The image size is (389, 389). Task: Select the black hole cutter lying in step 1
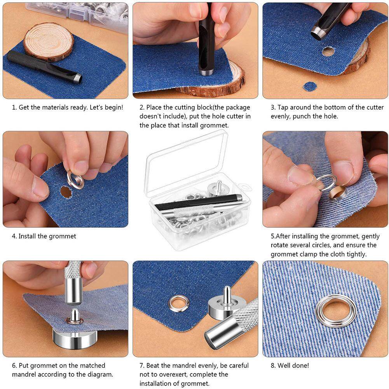click(x=43, y=66)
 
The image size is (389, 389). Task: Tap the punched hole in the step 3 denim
click(x=328, y=51)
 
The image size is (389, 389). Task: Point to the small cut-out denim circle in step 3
click(x=310, y=86)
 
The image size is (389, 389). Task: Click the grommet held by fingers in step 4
click(x=75, y=180)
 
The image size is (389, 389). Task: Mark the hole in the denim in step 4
click(x=65, y=192)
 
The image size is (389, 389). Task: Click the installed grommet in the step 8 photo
click(x=336, y=310)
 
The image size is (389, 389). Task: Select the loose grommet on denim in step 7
click(x=178, y=304)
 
